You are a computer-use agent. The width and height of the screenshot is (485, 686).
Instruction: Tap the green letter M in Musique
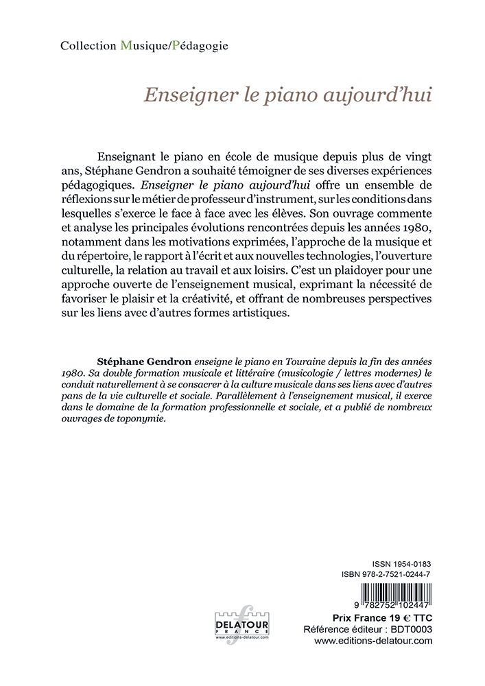pyautogui.click(x=125, y=46)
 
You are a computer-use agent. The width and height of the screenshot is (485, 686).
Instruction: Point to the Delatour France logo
pyautogui.click(x=242, y=623)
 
